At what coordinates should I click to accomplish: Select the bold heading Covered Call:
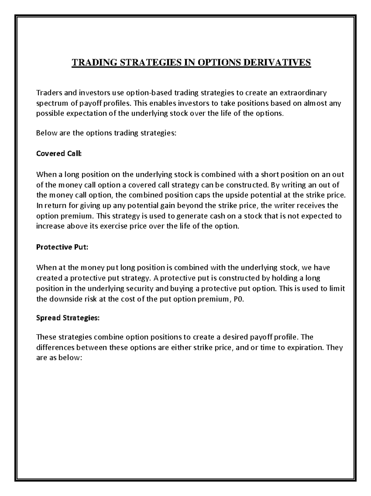click(59, 154)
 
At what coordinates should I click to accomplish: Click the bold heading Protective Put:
click(62, 247)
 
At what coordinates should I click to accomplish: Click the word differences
click(55, 347)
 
